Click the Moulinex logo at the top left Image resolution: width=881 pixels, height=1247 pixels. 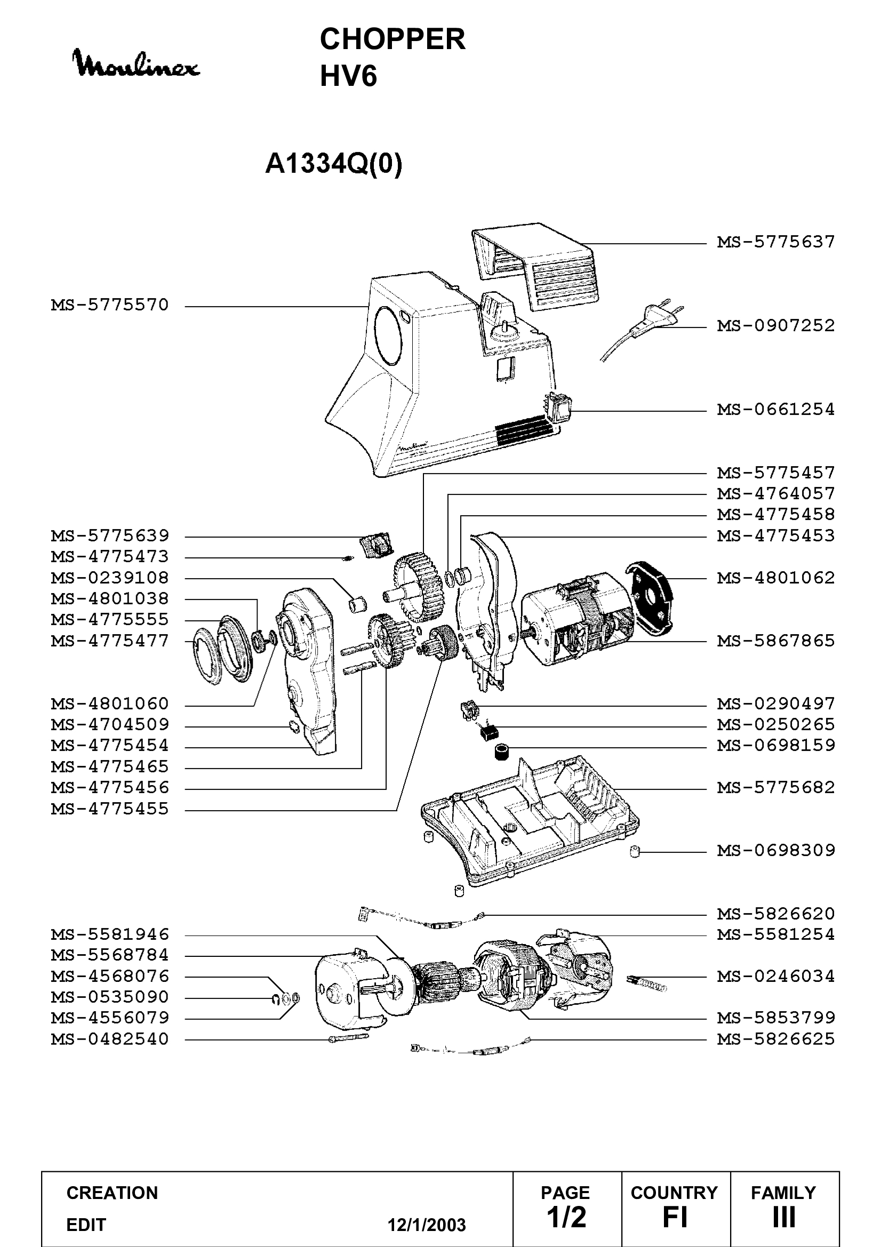coord(137,63)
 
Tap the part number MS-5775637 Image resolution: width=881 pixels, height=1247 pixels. coord(775,242)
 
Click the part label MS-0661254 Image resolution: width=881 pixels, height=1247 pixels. coord(775,409)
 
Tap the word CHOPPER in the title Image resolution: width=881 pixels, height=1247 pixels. coord(393,39)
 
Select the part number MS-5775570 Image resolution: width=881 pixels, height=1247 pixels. coord(110,305)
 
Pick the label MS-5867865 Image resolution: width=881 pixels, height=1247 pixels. coord(775,641)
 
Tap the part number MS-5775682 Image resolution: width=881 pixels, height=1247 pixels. coord(775,788)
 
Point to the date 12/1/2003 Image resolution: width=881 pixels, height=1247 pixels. coord(427,1225)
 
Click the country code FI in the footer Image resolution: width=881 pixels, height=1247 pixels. coord(675,1217)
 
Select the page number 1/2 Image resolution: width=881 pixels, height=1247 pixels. coord(566,1217)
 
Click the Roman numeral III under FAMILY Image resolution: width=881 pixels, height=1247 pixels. coord(784,1217)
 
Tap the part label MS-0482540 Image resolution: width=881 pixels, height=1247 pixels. coord(110,1039)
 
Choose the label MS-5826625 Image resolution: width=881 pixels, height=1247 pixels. coord(775,1039)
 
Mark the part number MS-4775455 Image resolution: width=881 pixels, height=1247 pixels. coord(110,809)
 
